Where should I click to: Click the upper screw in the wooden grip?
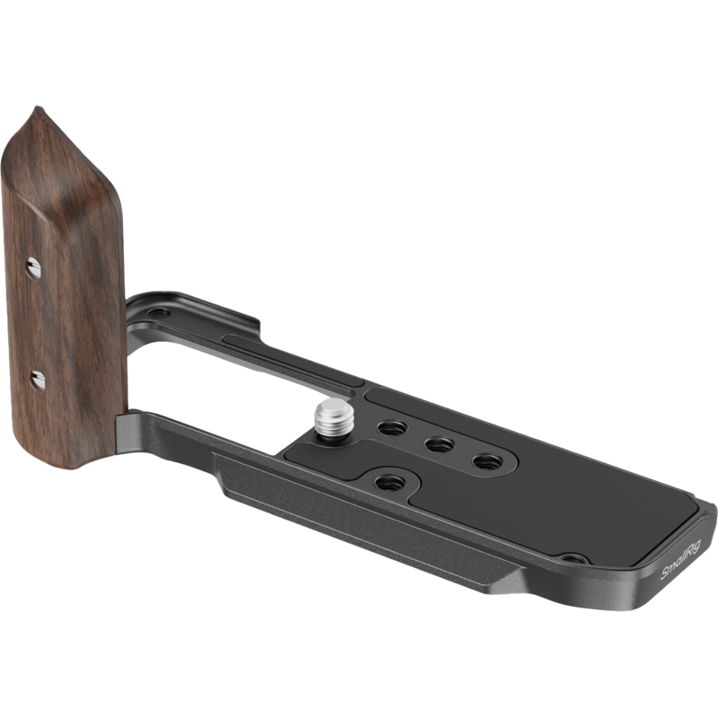pos(32,267)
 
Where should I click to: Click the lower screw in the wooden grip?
pos(38,381)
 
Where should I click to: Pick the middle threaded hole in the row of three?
pos(439,444)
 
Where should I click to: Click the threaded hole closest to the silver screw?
pos(392,428)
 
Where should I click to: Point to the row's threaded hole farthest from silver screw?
pos(487,461)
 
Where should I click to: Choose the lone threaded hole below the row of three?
pos(390,482)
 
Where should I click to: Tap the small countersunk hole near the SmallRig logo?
pos(574,558)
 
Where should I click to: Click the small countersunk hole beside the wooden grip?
pos(159,313)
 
